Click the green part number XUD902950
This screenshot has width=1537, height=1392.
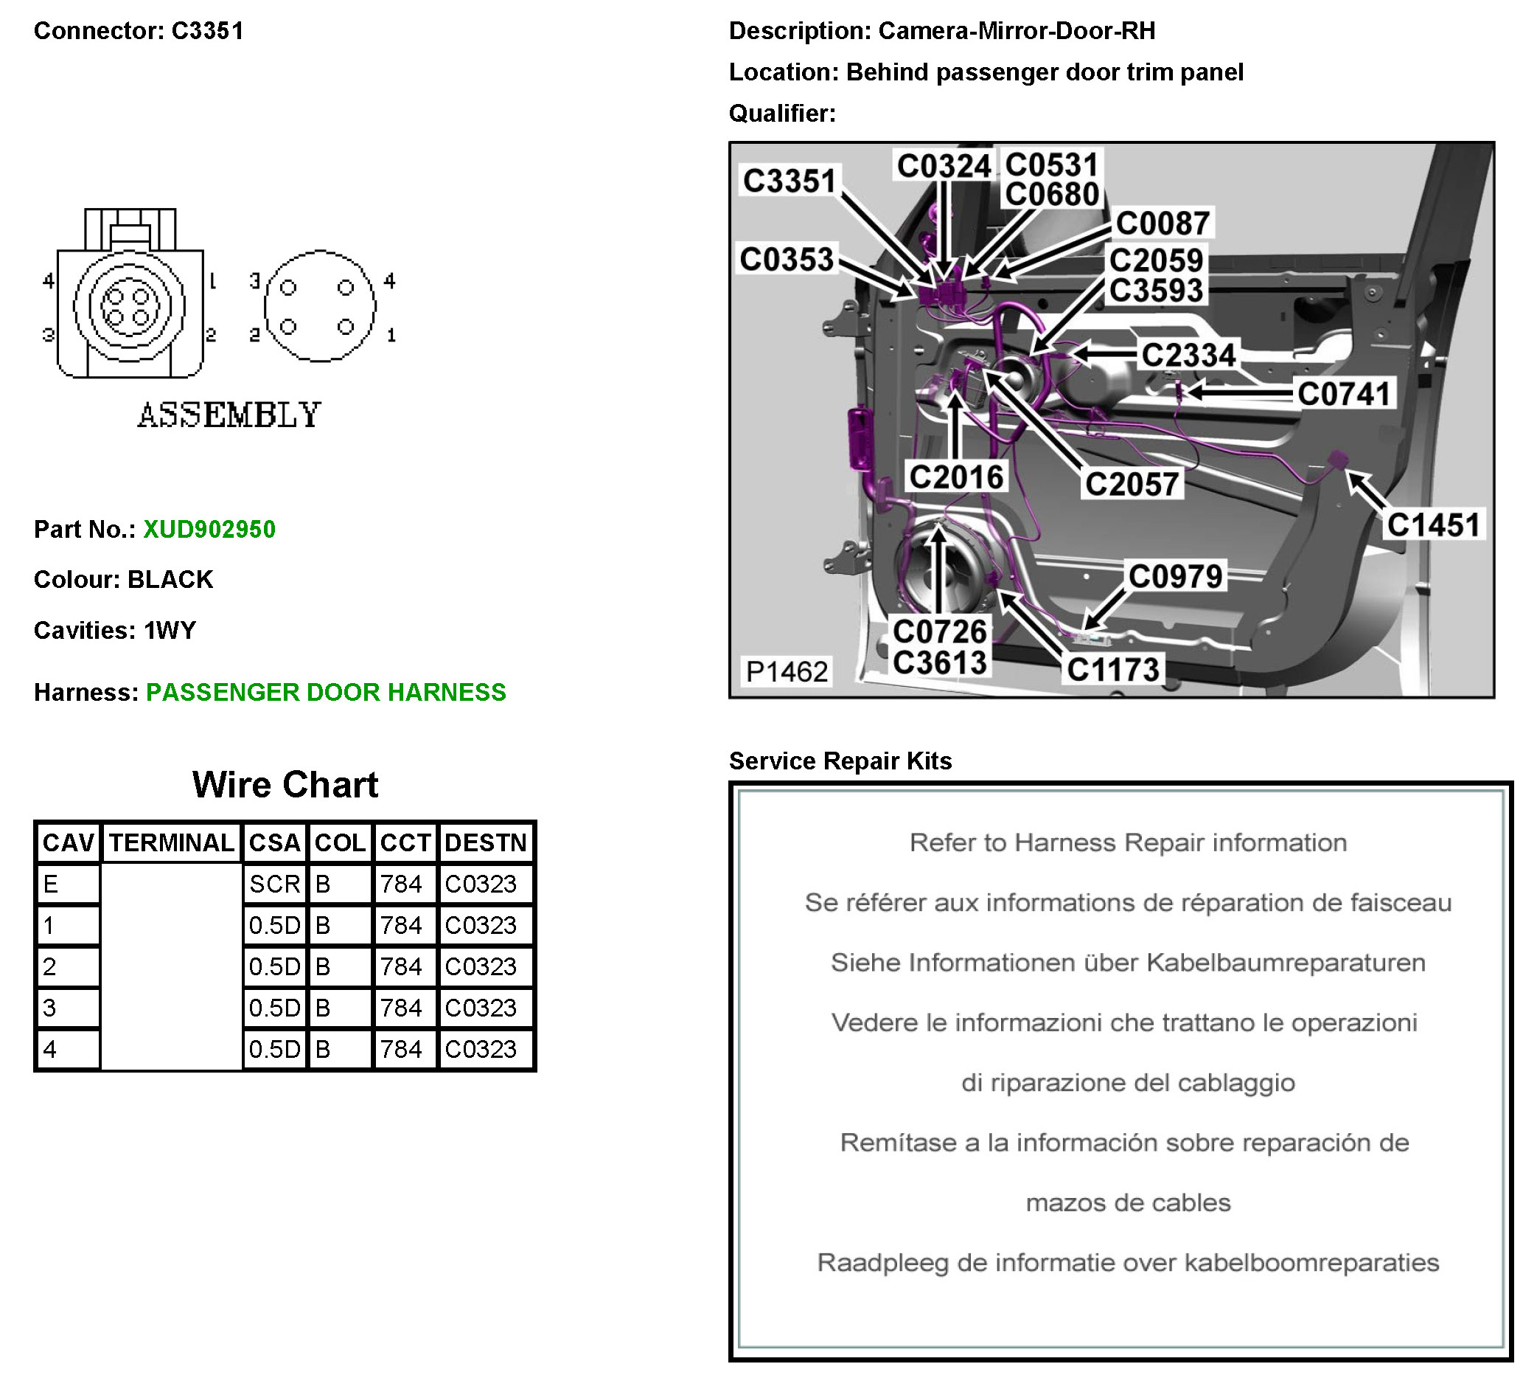tap(209, 530)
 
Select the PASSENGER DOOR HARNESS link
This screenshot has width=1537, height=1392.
tap(326, 692)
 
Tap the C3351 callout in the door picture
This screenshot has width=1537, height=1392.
tap(790, 181)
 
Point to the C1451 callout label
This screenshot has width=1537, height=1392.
tap(1433, 524)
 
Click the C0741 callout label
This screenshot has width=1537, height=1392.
tap(1343, 394)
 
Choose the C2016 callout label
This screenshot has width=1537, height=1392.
tap(956, 477)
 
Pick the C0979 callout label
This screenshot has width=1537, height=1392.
tap(1175, 576)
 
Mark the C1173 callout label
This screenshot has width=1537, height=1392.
tap(1113, 669)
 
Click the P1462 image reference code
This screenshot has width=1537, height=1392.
tap(786, 671)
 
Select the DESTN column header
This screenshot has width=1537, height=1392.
tap(486, 843)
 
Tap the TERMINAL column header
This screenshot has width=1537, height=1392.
tap(172, 843)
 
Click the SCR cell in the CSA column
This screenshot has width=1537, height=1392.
tap(274, 884)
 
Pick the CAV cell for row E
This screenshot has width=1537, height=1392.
tap(67, 884)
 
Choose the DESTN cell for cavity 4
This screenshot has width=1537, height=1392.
tap(486, 1049)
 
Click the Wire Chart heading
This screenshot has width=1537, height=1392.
tap(285, 784)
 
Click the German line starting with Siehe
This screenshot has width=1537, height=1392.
tap(1128, 963)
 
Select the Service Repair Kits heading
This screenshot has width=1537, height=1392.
tap(840, 761)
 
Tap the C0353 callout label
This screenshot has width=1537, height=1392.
tap(787, 260)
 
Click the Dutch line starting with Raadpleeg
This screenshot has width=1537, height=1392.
tap(1128, 1262)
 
